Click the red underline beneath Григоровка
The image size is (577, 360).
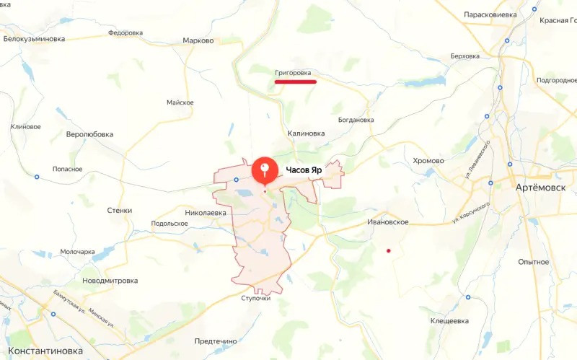coord(296,82)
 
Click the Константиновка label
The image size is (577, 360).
coord(42,351)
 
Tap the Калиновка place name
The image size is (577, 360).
coord(306,133)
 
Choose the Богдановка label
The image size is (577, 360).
coord(355,120)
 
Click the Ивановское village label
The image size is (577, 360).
coord(388,222)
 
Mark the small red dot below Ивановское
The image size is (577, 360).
coord(389,251)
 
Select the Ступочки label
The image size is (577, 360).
coord(255,298)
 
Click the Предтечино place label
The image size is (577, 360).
coord(216,341)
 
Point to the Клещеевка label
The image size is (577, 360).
coord(449,320)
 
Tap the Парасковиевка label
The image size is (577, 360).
coord(490,14)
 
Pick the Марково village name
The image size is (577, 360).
coord(198,40)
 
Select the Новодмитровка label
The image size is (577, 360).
coord(110,280)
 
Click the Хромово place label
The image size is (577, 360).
coord(428,160)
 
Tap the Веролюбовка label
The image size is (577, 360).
coord(89,134)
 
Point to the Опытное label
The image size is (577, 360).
coord(534,262)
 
